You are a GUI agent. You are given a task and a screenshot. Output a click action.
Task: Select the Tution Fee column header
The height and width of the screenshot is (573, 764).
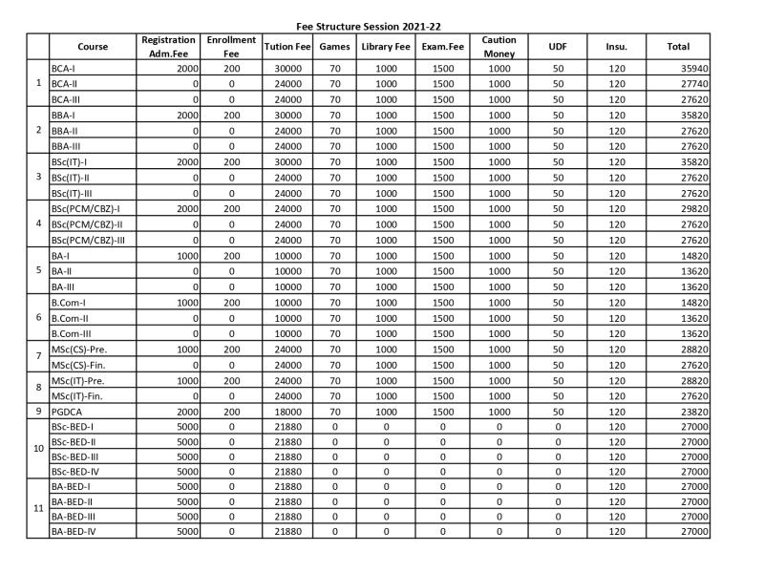click(x=286, y=47)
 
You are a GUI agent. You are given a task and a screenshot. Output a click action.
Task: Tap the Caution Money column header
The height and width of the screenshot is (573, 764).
click(x=499, y=47)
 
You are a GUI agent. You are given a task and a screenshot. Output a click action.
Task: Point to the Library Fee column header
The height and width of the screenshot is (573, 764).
click(x=386, y=47)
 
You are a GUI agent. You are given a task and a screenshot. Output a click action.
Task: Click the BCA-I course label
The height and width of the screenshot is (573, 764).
click(x=64, y=69)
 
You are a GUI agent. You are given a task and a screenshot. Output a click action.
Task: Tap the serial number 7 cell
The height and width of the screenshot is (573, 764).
click(x=38, y=356)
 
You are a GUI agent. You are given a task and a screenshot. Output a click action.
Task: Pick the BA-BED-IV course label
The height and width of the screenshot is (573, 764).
click(x=82, y=531)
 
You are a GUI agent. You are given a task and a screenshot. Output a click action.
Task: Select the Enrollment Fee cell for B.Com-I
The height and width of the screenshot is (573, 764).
click(x=231, y=302)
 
